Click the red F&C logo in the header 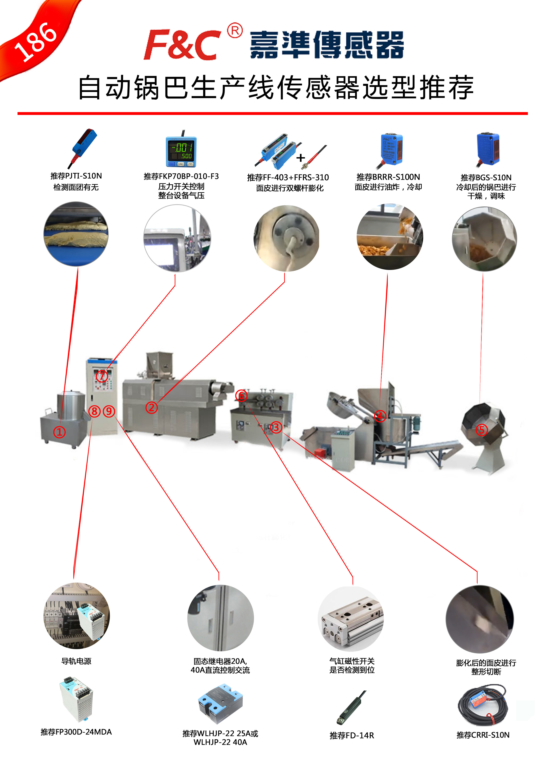pyautogui.click(x=182, y=44)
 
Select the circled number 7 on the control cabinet pyautogui.click(x=102, y=376)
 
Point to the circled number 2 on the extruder pyautogui.click(x=151, y=407)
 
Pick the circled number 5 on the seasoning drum pyautogui.click(x=481, y=430)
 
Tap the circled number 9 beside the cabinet pyautogui.click(x=109, y=411)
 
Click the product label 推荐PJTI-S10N pyautogui.click(x=76, y=176)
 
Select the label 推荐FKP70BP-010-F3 pyautogui.click(x=181, y=176)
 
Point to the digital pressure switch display pyautogui.click(x=181, y=151)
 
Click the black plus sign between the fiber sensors pyautogui.click(x=300, y=158)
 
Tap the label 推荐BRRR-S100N pyautogui.click(x=388, y=177)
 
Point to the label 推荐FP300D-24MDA pyautogui.click(x=76, y=732)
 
